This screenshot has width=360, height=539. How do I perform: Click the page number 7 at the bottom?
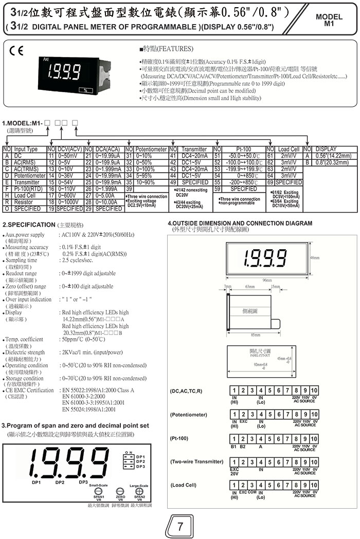pyautogui.click(x=179, y=527)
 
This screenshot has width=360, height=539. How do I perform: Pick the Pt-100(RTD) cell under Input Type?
pyautogui.click(x=26, y=189)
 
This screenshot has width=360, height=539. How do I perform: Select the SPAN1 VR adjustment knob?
pyautogui.click(x=98, y=491)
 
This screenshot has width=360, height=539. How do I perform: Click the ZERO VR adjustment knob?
pyautogui.click(x=121, y=491)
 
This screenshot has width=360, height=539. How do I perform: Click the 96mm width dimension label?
pyautogui.click(x=266, y=280)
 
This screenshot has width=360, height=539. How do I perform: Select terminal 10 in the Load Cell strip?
pyautogui.click(x=314, y=485)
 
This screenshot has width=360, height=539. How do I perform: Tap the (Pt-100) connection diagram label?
pyautogui.click(x=181, y=438)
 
